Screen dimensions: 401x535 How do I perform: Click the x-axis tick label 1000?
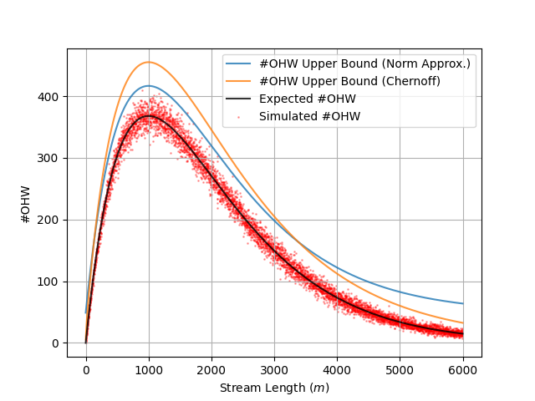149,370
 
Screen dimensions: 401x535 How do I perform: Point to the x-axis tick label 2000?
211,370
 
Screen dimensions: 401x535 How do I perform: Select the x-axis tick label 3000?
274,370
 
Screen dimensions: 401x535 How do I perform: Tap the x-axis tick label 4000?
337,370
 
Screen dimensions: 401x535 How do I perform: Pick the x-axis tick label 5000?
400,370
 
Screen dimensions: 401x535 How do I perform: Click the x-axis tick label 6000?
462,370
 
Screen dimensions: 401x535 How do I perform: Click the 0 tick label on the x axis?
86,370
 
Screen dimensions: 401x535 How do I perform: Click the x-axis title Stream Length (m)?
274,388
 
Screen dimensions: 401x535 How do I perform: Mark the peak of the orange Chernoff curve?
149,62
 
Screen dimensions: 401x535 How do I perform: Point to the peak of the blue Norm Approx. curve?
149,85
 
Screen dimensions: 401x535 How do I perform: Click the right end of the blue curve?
462,303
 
